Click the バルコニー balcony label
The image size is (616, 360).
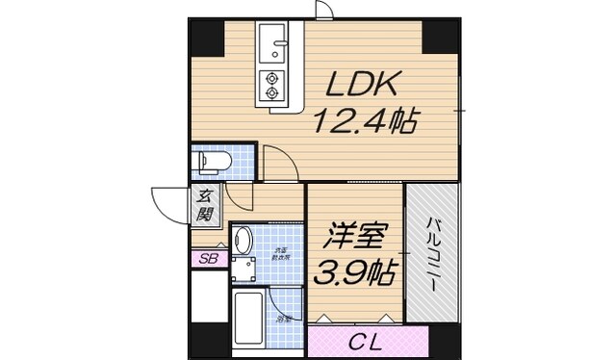tap(432, 254)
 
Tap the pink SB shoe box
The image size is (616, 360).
tap(208, 258)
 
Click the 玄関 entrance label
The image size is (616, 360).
tap(206, 204)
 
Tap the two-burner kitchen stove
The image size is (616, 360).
tap(271, 85)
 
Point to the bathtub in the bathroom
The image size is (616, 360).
tap(249, 321)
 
